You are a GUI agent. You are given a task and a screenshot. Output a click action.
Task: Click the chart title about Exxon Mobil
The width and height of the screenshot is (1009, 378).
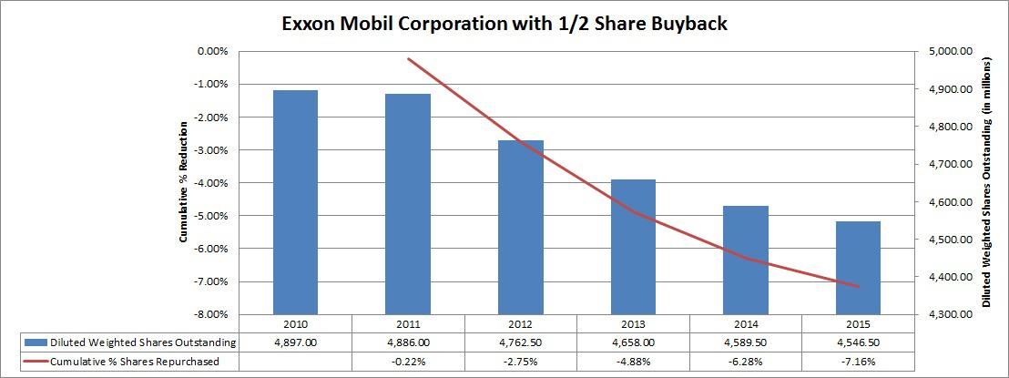[505, 23]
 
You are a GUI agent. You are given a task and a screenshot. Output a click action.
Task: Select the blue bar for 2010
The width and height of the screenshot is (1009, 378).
[296, 201]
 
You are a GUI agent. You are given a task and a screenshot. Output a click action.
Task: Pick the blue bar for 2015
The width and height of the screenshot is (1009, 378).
[859, 267]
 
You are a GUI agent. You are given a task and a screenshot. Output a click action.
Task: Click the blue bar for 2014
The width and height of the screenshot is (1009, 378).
[746, 260]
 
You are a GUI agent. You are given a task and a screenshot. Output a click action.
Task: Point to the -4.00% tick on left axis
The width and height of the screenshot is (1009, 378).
[211, 183]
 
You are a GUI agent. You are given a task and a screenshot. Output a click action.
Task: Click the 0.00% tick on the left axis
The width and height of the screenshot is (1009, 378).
[213, 52]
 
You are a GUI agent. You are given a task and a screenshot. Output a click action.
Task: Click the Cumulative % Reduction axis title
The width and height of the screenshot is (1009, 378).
[184, 183]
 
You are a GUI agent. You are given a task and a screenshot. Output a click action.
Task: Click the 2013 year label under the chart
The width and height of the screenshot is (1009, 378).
[633, 323]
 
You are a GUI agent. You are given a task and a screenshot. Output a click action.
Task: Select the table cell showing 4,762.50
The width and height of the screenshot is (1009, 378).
[520, 342]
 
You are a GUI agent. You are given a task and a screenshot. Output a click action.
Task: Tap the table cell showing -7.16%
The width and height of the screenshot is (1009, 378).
[858, 361]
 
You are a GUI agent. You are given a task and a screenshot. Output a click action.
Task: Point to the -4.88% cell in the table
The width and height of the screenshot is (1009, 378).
[633, 361]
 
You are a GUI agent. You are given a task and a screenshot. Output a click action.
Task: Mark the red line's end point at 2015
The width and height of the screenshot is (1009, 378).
[858, 286]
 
